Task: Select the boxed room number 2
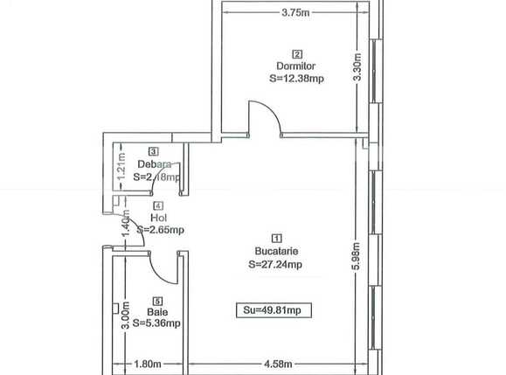297,52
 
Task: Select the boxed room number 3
153,151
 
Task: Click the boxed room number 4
158,205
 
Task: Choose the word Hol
158,218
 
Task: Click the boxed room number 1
277,238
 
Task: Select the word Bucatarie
277,250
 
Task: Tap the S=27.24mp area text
277,262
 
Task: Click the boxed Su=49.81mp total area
274,309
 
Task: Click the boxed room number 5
158,298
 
